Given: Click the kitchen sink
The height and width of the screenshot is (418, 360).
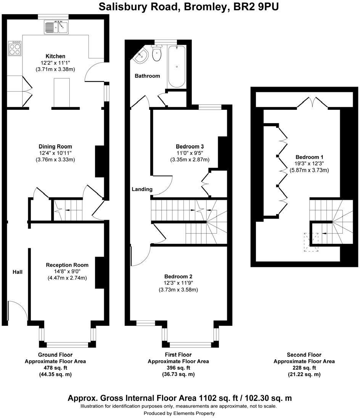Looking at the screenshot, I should click(56, 27).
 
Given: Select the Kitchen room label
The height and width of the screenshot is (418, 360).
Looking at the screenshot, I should click(55, 56).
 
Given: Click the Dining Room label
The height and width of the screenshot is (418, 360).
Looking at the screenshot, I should click(55, 146).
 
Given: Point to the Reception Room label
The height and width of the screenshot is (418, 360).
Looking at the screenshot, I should click(67, 265).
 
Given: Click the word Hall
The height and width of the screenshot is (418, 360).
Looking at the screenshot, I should click(17, 272).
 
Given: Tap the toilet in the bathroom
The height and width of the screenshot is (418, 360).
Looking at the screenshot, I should click(157, 54).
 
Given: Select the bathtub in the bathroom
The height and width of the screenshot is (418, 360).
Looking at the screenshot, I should click(177, 66).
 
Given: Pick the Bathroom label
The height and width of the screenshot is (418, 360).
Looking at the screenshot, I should click(147, 76).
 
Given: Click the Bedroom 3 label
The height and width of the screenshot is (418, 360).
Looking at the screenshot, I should click(190, 146).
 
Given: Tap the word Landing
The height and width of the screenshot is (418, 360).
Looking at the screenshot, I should click(142, 189).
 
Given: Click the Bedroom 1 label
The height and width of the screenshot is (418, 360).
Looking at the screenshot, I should click(309, 157).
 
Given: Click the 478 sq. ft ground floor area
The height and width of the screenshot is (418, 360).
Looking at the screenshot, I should click(55, 368).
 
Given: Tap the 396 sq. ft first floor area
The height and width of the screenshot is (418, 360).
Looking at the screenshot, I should click(178, 368).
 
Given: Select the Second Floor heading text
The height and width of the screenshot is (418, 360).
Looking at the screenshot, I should click(304, 355).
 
